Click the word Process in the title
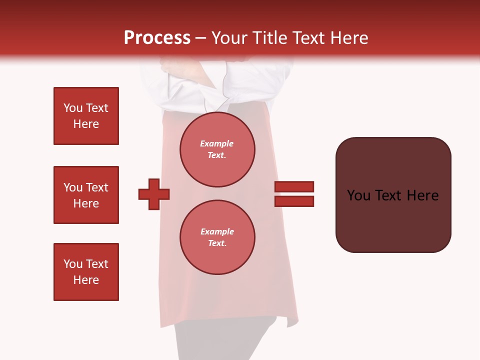[157, 38]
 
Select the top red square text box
[86, 116]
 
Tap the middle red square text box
[86, 195]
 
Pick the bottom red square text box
[86, 272]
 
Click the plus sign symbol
[154, 194]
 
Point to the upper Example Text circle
[217, 149]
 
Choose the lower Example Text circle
[217, 237]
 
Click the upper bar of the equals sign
[294, 186]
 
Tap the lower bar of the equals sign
[294, 201]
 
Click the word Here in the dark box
[422, 195]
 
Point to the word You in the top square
[73, 108]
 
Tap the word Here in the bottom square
[86, 280]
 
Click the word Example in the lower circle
[217, 231]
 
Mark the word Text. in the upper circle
[217, 155]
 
